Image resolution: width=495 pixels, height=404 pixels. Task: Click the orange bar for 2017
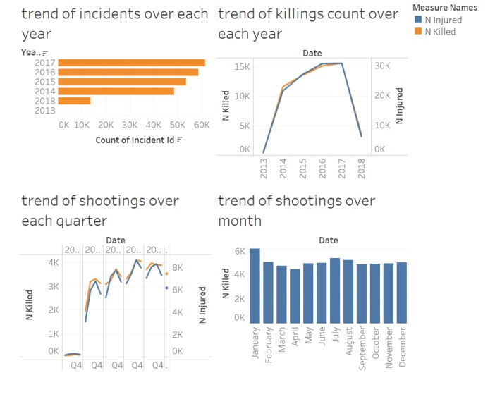pyautogui.click(x=131, y=63)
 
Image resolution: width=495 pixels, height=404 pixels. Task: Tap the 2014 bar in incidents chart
pyautogui.click(x=116, y=91)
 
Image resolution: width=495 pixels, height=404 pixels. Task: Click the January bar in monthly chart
pyautogui.click(x=255, y=286)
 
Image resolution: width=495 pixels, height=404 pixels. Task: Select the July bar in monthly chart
pyautogui.click(x=335, y=290)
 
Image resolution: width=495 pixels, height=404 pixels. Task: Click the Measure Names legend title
pyautogui.click(x=445, y=8)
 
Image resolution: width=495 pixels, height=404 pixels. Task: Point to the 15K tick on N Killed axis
pyautogui.click(x=242, y=66)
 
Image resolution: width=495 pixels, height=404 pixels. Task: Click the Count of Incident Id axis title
pyautogui.click(x=135, y=140)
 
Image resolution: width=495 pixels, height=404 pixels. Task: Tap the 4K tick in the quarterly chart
pyautogui.click(x=53, y=262)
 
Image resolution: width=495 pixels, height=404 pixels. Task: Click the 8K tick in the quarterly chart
pyautogui.click(x=178, y=267)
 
